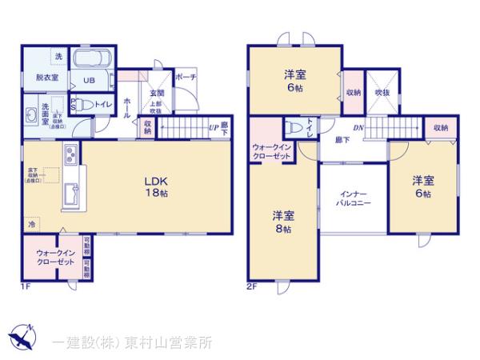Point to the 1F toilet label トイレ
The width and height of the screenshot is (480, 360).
click(x=102, y=103)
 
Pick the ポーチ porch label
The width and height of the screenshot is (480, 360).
click(x=185, y=78)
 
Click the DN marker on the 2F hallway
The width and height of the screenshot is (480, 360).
click(x=360, y=127)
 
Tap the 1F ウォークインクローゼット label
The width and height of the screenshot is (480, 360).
click(x=54, y=257)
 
